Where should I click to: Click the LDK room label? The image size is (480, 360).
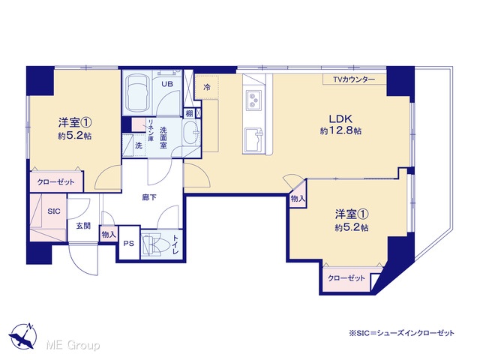(x=340, y=118)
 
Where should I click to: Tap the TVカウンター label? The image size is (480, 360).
(x=354, y=79)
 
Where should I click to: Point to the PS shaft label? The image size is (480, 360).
(x=129, y=244)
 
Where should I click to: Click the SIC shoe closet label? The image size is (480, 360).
(x=53, y=211)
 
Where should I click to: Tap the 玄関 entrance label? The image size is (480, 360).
(x=83, y=226)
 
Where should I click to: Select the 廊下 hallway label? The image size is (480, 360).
(x=149, y=198)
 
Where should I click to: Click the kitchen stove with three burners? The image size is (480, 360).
(x=253, y=100)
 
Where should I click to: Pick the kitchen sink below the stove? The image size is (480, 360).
(x=253, y=140)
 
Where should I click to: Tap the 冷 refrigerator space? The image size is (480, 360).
(x=207, y=87)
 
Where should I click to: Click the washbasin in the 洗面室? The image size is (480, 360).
(x=190, y=133)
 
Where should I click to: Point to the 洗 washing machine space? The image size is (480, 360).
(x=139, y=145)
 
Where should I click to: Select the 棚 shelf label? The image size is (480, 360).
(x=190, y=113)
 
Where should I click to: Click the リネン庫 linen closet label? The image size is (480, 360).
(x=151, y=130)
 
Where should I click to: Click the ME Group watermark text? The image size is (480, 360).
(x=73, y=345)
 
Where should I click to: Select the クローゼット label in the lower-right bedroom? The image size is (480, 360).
(x=346, y=278)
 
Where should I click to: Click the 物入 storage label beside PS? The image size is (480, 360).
(x=109, y=235)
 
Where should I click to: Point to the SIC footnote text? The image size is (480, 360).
(x=401, y=333)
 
